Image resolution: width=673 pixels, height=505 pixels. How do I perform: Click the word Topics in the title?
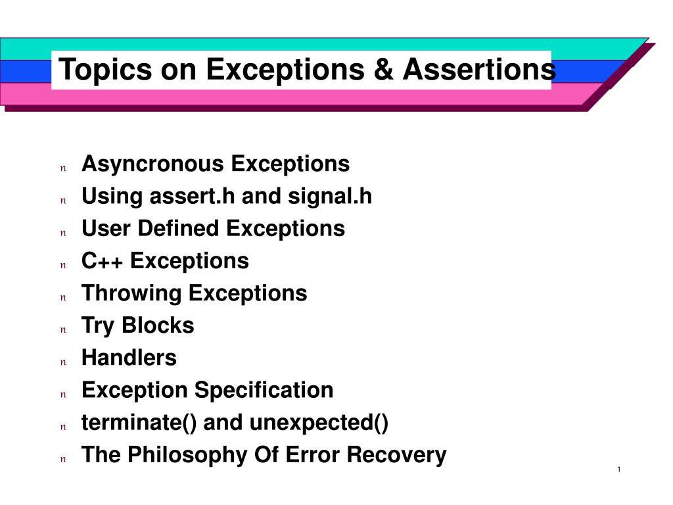click(x=106, y=70)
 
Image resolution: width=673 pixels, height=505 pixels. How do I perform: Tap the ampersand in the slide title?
click(x=383, y=69)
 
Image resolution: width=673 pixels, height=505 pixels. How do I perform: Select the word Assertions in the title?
click(x=479, y=69)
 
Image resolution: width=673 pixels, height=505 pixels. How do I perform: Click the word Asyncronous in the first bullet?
click(x=152, y=164)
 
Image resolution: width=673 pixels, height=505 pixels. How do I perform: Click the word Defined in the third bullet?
click(x=178, y=228)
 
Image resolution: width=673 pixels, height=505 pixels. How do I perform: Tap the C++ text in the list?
click(x=102, y=260)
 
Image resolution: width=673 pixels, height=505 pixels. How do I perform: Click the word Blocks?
click(x=158, y=325)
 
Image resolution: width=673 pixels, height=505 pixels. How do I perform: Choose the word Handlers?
click(x=129, y=358)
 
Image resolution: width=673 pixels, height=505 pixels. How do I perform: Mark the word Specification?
click(x=264, y=391)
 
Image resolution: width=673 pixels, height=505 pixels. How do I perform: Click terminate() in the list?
click(x=139, y=423)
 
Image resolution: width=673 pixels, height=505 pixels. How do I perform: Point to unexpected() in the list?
click(x=319, y=423)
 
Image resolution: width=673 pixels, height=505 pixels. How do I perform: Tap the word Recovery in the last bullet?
click(x=396, y=455)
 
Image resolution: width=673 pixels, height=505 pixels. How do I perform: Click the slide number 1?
click(x=619, y=469)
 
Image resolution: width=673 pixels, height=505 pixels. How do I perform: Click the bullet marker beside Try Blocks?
click(x=64, y=330)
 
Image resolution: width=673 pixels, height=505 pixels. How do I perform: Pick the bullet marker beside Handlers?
click(x=64, y=362)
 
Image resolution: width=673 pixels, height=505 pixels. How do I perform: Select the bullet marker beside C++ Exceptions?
click(x=64, y=265)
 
